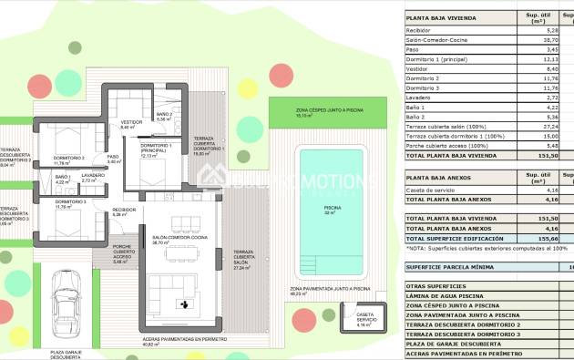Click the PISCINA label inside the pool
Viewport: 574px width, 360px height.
click(x=333, y=207)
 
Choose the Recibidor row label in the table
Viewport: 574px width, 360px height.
click(x=421, y=30)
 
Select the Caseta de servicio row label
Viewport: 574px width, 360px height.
click(x=434, y=190)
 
